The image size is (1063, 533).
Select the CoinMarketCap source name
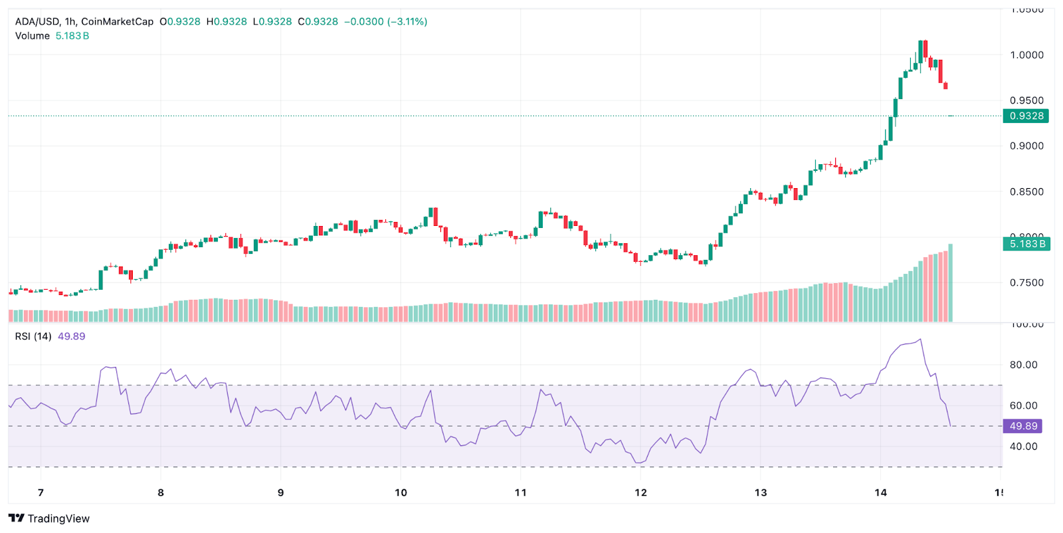[117, 21]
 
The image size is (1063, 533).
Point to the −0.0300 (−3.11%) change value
[385, 21]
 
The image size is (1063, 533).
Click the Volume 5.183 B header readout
[52, 36]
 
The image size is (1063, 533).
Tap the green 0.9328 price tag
[1026, 116]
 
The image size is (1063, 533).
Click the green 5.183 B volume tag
[1026, 244]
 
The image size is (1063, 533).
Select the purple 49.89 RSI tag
[1022, 426]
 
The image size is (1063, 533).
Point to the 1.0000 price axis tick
[1026, 55]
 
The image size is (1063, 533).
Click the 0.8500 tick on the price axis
[1026, 192]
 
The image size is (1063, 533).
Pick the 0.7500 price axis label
[1026, 283]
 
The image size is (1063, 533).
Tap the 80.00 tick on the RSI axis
[1023, 365]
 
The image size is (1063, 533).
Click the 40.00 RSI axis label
[1023, 447]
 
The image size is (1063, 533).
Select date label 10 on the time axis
[401, 492]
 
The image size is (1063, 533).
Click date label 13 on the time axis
[760, 492]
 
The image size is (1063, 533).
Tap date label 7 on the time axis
[41, 492]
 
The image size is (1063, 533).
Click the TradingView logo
[49, 518]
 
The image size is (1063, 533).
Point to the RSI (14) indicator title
[33, 336]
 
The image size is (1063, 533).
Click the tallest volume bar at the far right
[951, 282]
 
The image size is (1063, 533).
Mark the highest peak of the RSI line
[920, 340]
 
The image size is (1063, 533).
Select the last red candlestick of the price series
[945, 86]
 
